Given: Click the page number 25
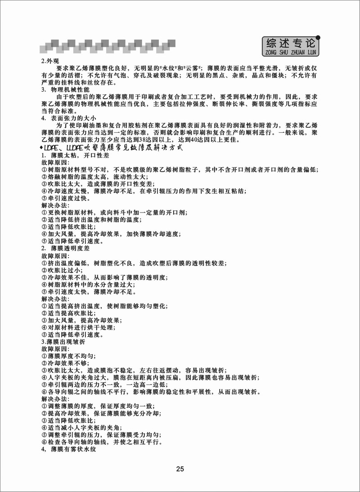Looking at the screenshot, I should click(x=180, y=469).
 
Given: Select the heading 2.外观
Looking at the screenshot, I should click(x=50, y=61).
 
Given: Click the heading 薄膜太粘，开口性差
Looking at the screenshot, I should click(x=74, y=155).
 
